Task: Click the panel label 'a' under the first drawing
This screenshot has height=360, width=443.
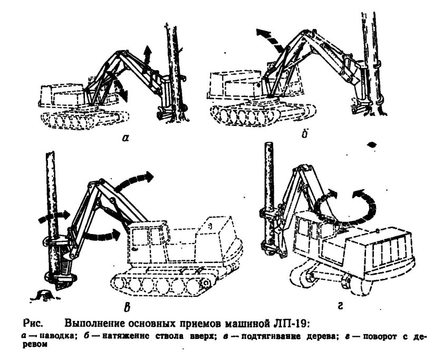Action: [x=124, y=139]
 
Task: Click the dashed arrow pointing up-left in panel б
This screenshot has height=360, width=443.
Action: [x=269, y=38]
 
